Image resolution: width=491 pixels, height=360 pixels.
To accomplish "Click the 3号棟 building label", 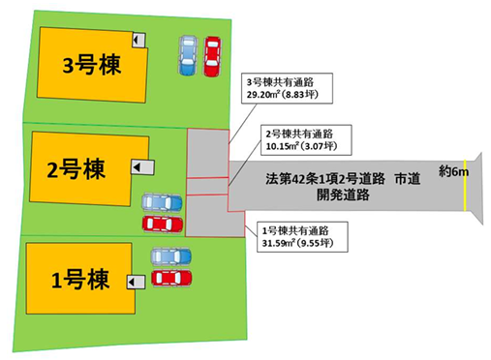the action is click(x=92, y=66).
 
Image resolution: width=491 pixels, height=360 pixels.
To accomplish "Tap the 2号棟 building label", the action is click(x=77, y=169).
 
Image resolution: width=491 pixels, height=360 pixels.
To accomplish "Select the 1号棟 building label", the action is click(x=80, y=280).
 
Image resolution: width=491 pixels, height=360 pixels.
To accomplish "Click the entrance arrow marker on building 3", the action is click(x=138, y=40).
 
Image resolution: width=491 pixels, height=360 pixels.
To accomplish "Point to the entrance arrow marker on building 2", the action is click(x=142, y=167).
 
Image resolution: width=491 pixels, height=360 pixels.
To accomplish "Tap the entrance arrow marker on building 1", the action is click(x=136, y=283).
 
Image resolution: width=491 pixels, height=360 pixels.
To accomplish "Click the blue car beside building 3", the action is click(x=188, y=55).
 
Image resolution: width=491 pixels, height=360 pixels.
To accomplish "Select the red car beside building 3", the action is click(x=212, y=56).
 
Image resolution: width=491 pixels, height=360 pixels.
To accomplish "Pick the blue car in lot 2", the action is click(x=163, y=202).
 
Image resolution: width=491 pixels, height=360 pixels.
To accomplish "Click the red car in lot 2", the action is click(x=163, y=225).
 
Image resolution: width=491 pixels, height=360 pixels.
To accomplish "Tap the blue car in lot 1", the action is click(x=171, y=256).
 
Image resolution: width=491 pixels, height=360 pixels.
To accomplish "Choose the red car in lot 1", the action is click(x=171, y=278).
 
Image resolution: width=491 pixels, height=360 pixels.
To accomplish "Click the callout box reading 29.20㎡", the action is click(x=288, y=88).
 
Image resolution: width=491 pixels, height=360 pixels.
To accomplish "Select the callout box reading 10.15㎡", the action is click(x=306, y=140).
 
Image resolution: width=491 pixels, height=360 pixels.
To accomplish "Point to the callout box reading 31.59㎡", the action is click(x=302, y=237).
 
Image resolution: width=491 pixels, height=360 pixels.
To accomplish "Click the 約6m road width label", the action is click(x=453, y=171).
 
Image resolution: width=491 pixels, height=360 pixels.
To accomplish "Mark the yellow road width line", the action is click(x=465, y=186).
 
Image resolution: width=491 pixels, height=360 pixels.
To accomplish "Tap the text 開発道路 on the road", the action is click(x=343, y=195).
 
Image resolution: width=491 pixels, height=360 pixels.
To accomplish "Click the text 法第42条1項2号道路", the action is click(x=325, y=179).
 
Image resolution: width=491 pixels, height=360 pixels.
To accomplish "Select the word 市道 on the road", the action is click(x=408, y=178).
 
